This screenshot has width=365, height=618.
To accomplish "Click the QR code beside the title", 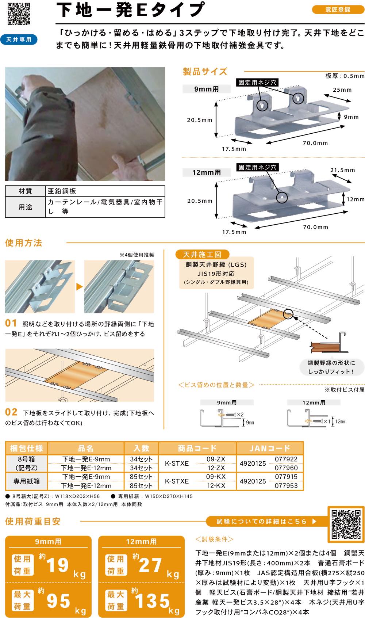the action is point(19,14).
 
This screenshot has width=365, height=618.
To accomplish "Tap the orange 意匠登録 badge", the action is point(338,9).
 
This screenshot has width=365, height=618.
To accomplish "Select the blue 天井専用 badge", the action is point(19,39).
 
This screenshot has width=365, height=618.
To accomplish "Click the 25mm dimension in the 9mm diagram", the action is point(342,90).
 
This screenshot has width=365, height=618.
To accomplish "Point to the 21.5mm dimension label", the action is point(343,170).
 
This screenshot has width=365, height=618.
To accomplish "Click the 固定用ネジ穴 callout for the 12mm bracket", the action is point(257,167).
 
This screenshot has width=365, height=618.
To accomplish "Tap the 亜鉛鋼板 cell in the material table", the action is point(62,191).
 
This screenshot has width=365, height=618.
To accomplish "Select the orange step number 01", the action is point(11,323).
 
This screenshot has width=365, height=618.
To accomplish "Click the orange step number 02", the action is point(11,412).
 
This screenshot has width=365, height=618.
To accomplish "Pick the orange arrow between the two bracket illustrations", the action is point(80,287).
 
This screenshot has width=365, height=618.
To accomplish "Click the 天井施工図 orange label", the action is point(202,254).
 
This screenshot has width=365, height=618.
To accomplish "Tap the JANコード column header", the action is point(270,448).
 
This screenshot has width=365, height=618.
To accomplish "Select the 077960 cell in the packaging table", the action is point(286,468).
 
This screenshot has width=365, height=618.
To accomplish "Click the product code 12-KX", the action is point(216,485).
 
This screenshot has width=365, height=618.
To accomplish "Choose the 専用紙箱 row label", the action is point(27,481).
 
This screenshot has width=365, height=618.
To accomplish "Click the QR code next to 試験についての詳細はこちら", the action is point(346,524).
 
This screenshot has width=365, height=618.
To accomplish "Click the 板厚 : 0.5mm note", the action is point(345,76).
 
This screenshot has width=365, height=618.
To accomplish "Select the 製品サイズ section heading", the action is point(205,72).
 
